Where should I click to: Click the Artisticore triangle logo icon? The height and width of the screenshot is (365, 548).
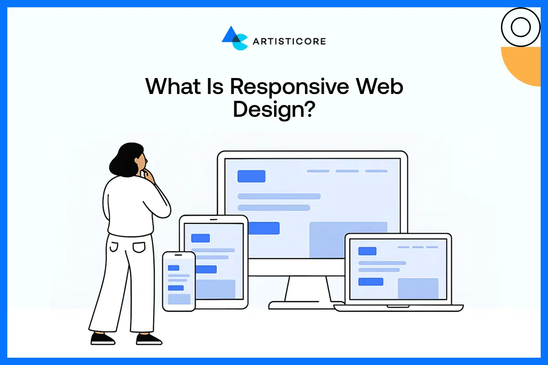pyautogui.click(x=234, y=38)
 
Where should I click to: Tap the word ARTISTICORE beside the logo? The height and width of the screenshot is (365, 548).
pyautogui.click(x=289, y=42)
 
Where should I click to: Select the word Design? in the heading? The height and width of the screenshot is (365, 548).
pyautogui.click(x=273, y=110)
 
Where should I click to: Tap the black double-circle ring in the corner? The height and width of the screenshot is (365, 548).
pyautogui.click(x=521, y=27)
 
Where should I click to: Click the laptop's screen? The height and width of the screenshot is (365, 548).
pyautogui.click(x=398, y=270)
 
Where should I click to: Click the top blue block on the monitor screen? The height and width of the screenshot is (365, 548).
pyautogui.click(x=251, y=176)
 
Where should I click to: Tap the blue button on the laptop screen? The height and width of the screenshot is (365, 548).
pyautogui.click(x=370, y=282)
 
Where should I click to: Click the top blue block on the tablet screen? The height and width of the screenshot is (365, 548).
pyautogui.click(x=200, y=238)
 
